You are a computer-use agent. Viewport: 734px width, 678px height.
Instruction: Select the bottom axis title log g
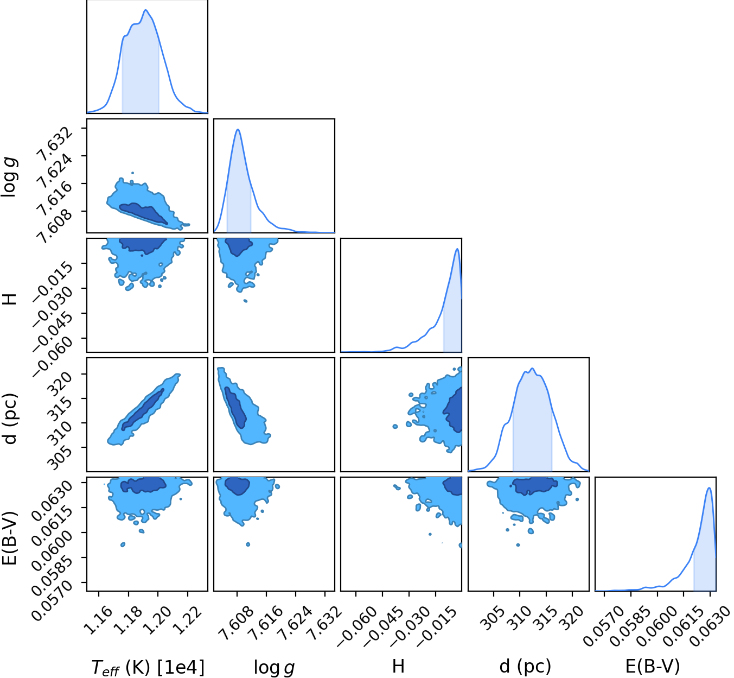tap(275, 666)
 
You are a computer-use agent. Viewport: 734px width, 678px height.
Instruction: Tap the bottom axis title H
tap(398, 666)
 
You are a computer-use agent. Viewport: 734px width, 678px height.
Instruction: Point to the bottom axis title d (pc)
tap(525, 666)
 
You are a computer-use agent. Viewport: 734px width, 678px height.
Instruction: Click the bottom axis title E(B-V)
tap(653, 666)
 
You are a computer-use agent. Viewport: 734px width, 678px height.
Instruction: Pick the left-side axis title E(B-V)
tap(9, 537)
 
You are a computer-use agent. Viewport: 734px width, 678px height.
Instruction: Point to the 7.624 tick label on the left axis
tap(55, 172)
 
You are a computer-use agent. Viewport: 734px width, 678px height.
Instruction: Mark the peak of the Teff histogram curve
tap(145, 10)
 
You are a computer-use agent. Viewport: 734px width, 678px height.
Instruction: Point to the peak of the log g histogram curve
tap(238, 129)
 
